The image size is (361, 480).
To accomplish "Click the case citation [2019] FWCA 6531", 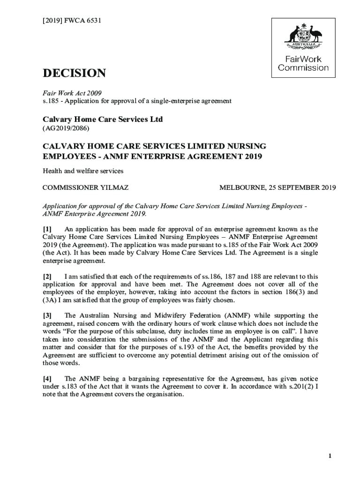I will pos(71,21).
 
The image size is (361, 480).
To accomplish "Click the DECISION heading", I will pos(74,74).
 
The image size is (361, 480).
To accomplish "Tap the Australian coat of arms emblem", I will pos(303,36).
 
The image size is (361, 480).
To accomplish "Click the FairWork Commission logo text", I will pos(303,64).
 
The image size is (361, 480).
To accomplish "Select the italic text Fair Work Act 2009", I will pos(72,93).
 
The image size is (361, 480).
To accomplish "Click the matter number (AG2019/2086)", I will pos(66,128).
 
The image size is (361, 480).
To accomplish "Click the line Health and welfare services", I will pos(83,171).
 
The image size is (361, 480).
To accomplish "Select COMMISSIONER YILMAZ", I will pos(85,188).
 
